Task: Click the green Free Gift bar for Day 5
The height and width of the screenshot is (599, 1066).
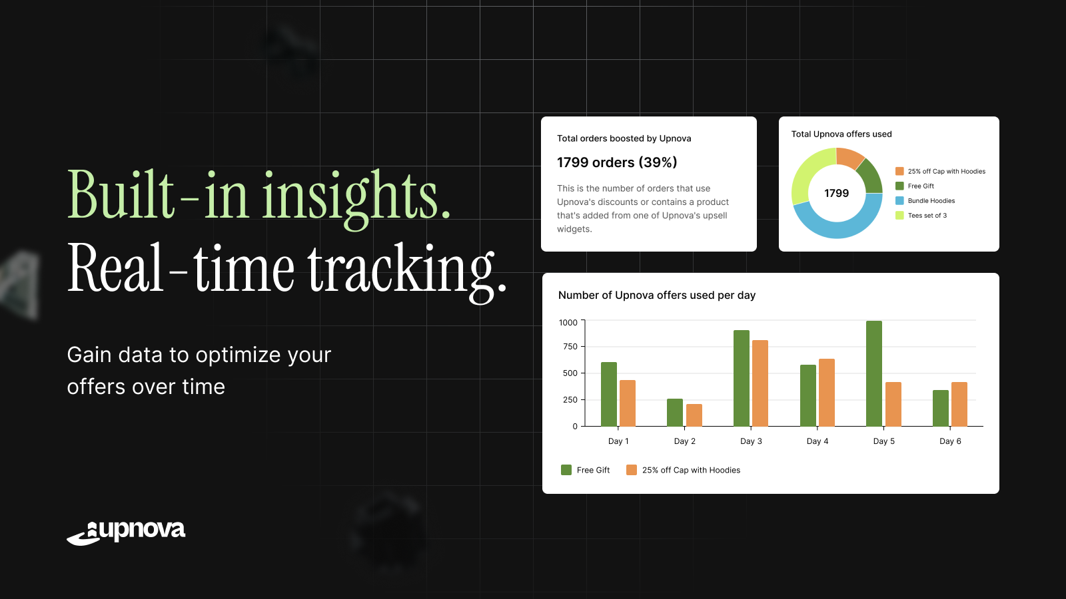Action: point(873,373)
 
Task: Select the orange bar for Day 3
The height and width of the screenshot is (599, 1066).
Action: point(760,383)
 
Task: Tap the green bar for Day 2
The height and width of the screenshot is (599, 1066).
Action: point(675,413)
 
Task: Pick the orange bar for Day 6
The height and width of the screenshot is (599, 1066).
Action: point(959,404)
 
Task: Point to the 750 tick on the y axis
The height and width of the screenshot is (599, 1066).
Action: point(570,347)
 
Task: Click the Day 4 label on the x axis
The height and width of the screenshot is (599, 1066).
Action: point(817,441)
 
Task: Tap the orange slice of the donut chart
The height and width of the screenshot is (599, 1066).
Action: point(849,157)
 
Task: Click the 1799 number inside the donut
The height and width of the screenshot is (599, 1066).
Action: point(837,194)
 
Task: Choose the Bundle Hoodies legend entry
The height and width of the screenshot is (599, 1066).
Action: point(925,200)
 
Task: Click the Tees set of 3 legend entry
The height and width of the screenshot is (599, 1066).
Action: point(921,216)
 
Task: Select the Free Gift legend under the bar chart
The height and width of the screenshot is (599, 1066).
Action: point(586,470)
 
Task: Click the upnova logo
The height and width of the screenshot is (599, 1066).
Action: point(126,532)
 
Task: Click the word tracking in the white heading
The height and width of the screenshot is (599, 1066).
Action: point(407,271)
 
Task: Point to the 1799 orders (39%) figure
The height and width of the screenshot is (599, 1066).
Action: point(617,162)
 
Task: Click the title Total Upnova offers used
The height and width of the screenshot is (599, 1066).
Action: point(841,134)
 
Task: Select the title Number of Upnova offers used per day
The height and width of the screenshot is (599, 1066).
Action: point(657,296)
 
